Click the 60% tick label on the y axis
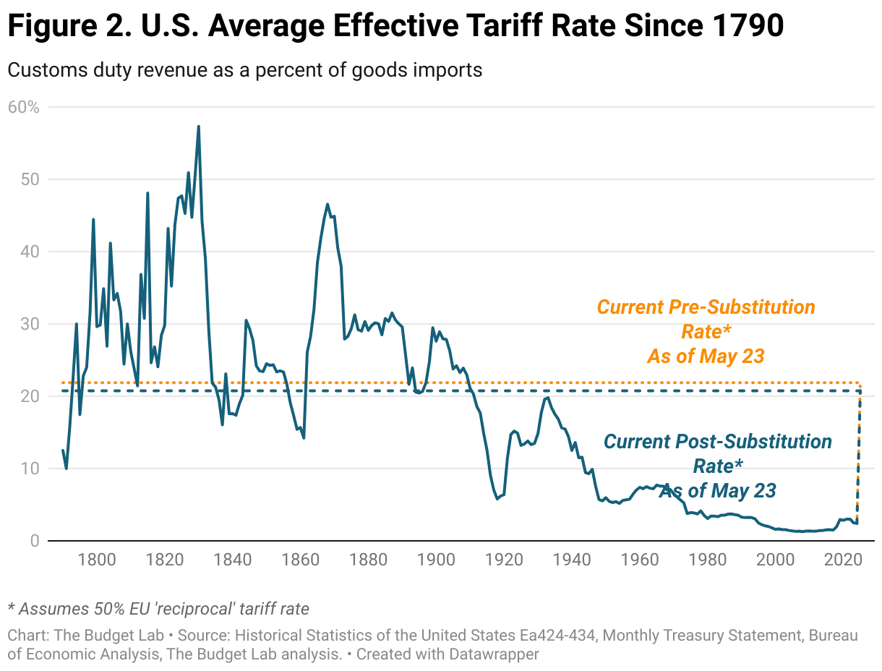[23, 107]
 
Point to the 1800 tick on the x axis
[97, 559]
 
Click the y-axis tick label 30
[29, 324]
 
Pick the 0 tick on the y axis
[34, 541]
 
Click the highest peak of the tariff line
[198, 127]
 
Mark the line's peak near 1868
[327, 204]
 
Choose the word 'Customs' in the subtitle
[44, 70]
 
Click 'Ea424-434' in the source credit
[560, 636]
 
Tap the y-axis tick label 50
[29, 179]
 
